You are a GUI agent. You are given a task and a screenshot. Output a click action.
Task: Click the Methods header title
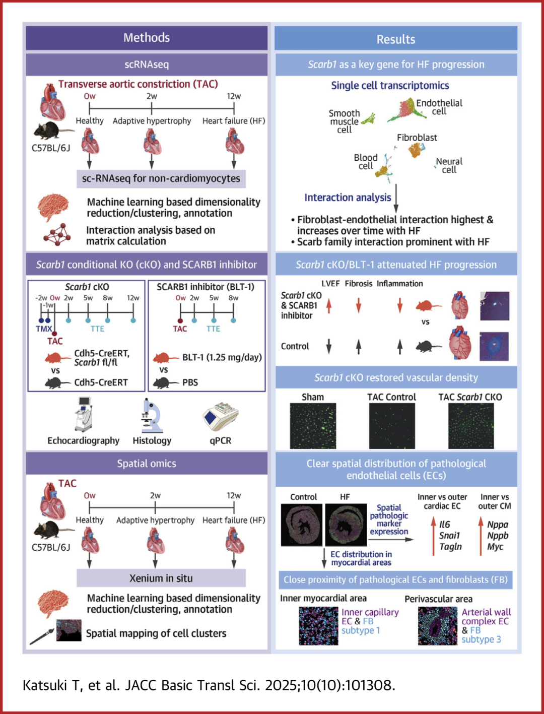point(147,38)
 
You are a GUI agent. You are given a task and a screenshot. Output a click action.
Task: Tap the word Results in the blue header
point(396,39)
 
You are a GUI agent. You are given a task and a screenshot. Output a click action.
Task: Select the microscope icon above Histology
point(151,416)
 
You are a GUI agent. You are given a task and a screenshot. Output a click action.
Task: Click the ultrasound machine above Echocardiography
point(84,414)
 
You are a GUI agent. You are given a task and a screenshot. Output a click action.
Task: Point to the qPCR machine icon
point(220,416)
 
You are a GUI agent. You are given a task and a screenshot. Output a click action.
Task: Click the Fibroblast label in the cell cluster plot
point(417,138)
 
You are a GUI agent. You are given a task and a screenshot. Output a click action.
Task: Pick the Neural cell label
point(449,165)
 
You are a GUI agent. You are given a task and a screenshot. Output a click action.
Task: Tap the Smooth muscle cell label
point(345,121)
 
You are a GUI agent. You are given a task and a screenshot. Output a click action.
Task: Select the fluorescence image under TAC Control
point(392,426)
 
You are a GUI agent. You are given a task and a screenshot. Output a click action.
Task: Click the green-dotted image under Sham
point(313,426)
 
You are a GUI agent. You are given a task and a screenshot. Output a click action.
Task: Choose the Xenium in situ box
point(161,578)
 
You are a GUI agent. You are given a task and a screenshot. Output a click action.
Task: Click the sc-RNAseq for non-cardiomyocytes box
point(161,178)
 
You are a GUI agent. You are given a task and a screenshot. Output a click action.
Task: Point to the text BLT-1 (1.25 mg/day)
point(222,357)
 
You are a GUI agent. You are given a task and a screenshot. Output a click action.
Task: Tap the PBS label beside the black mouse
point(190,382)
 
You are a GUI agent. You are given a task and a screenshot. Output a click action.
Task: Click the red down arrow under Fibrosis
point(359,305)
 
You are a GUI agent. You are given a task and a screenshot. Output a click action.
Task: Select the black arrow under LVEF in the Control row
point(329,346)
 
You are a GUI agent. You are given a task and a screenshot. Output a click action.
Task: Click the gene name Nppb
point(497,536)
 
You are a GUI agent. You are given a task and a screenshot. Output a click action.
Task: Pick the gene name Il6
point(444,525)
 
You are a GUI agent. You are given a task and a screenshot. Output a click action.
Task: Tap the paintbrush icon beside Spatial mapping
point(42,636)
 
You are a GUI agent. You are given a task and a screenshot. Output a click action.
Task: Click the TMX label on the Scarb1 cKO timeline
point(44,329)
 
